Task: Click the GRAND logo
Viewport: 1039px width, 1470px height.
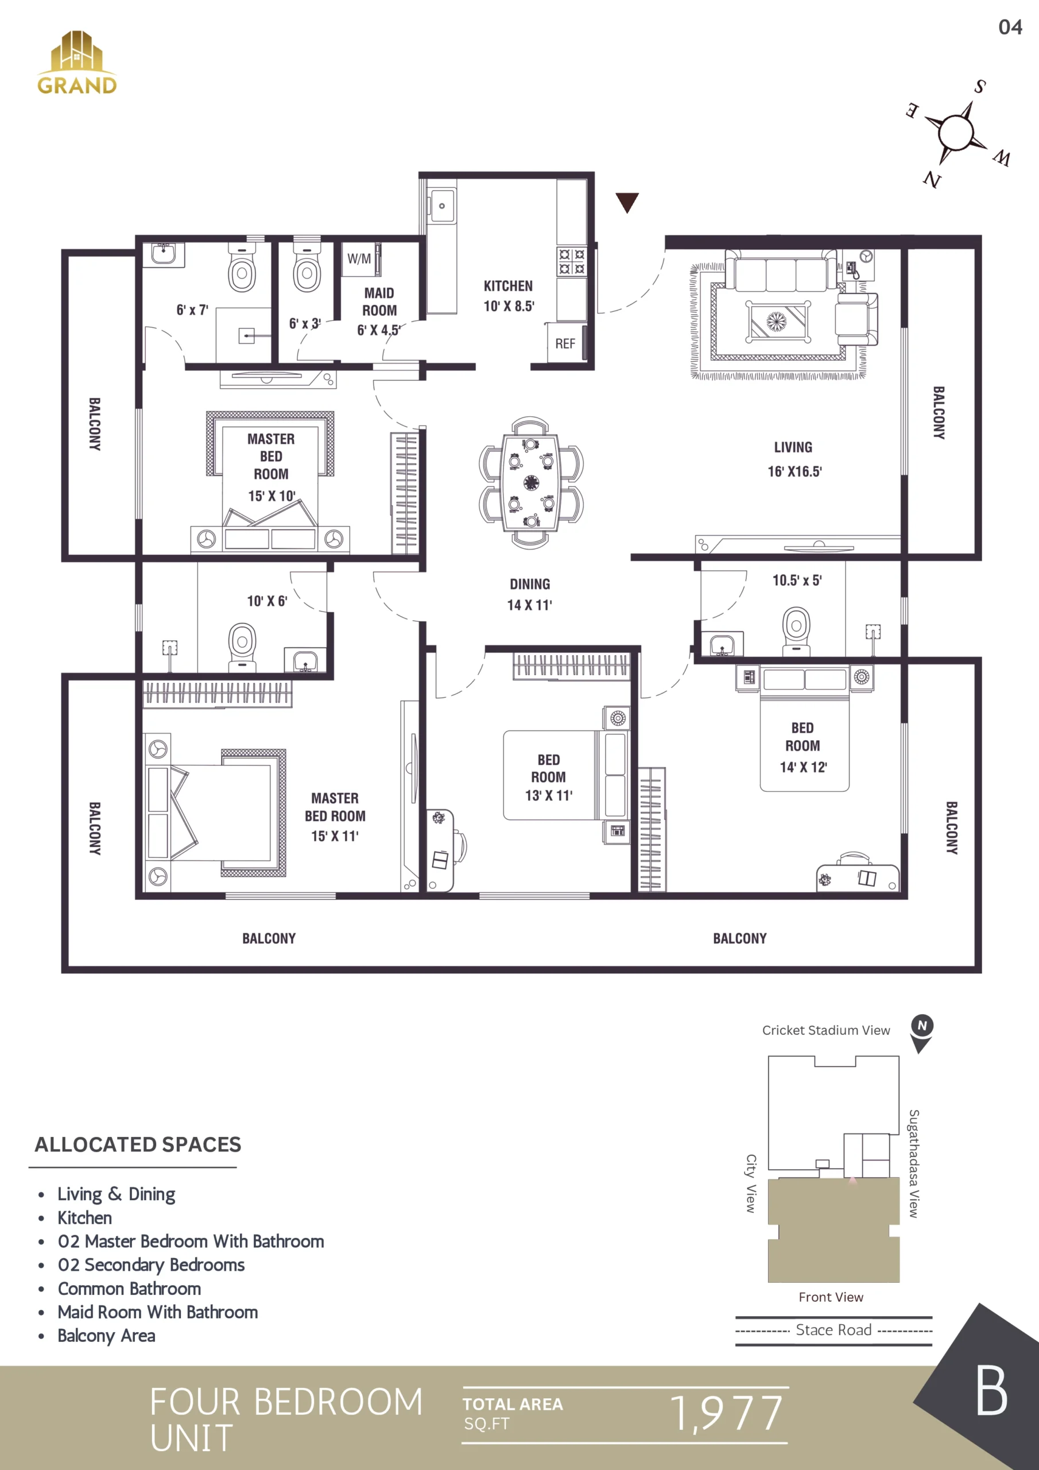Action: click(x=77, y=63)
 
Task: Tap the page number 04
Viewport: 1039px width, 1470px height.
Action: click(x=1010, y=27)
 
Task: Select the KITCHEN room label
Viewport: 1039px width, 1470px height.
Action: click(x=508, y=286)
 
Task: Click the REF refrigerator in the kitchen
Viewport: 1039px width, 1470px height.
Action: click(x=565, y=344)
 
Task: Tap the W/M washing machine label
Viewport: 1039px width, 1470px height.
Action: click(x=359, y=258)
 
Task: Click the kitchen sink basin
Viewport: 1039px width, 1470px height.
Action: click(x=442, y=206)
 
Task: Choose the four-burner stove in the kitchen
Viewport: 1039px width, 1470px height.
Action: click(x=572, y=261)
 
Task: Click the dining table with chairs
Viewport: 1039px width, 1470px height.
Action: click(x=532, y=482)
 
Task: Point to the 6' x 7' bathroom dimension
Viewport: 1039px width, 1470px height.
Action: click(x=193, y=310)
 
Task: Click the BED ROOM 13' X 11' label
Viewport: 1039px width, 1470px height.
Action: click(x=549, y=777)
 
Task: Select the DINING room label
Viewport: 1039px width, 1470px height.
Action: click(x=530, y=584)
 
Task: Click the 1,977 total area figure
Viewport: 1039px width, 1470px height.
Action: click(x=727, y=1413)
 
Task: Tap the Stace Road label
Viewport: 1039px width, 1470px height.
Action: click(x=833, y=1330)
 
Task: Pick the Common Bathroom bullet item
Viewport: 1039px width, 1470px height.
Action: click(x=129, y=1288)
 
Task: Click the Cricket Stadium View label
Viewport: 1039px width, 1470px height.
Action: click(x=826, y=1030)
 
